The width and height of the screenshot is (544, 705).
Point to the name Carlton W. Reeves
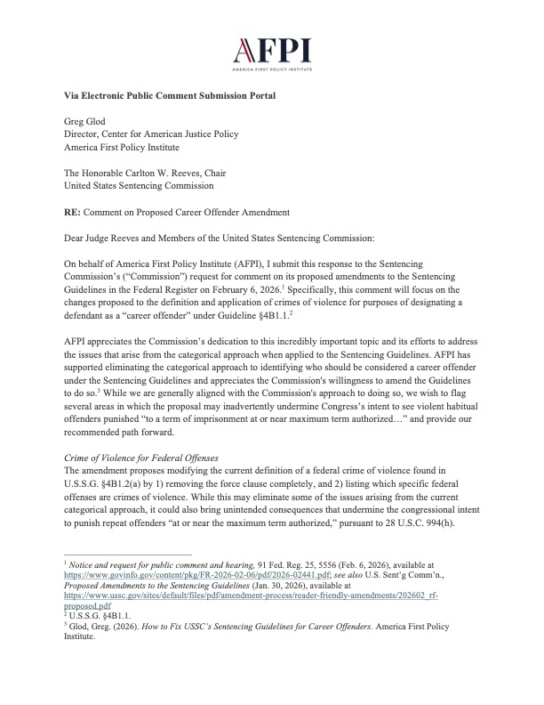(x=178, y=173)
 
